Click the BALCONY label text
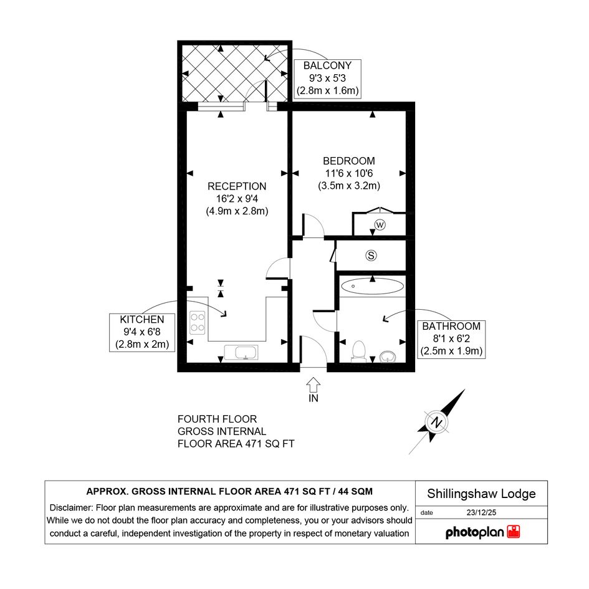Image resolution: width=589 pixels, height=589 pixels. pos(327,65)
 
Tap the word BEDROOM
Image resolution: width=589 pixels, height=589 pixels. pos(349,161)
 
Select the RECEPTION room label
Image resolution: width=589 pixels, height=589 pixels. pos(237,186)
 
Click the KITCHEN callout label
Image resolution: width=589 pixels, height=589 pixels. pos(142,320)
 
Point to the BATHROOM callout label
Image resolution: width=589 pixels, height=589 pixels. pos(451,326)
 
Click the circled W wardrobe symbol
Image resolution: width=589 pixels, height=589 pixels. pos(380,225)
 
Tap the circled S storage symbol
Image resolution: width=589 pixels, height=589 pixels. pos(371,256)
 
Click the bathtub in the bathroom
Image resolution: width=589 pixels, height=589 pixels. pos(372,286)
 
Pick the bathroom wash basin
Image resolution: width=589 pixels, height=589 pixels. pos(387,357)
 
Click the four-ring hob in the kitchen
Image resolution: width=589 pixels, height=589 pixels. pos(198,323)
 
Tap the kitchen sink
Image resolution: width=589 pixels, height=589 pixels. pos(241,353)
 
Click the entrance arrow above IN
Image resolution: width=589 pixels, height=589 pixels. pos(314,385)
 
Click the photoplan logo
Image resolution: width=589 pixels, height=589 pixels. pos(482,532)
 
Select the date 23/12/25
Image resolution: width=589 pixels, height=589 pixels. pos(481,512)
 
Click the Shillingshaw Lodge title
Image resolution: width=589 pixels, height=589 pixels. pos(481,494)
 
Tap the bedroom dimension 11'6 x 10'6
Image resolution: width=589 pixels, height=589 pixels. pos(349,173)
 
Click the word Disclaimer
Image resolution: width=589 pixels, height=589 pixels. pos(72,508)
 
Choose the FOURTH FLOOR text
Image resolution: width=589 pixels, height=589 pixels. pos(217,419)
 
